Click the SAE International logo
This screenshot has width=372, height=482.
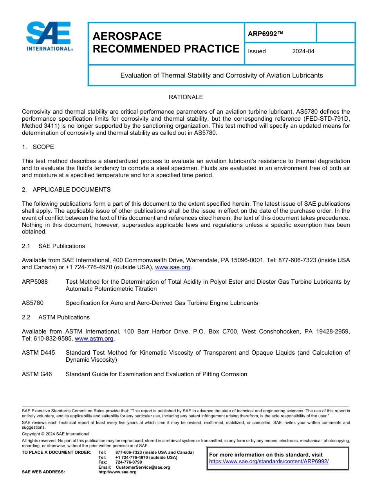(x=49, y=36)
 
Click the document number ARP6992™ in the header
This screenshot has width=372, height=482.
(x=265, y=34)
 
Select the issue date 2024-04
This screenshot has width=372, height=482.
(x=303, y=51)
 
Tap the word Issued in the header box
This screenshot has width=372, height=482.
(x=257, y=51)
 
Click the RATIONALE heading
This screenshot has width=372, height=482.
(x=186, y=97)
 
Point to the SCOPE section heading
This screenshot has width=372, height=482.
(x=43, y=147)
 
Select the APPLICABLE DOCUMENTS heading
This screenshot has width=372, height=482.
(x=71, y=190)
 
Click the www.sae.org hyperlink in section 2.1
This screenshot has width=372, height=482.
(x=173, y=268)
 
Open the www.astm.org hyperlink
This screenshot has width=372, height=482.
(x=94, y=339)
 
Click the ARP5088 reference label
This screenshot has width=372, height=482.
(x=35, y=282)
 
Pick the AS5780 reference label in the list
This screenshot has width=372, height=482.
(x=33, y=303)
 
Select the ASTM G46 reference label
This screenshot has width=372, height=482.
(x=37, y=374)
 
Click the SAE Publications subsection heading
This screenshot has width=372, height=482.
(x=61, y=246)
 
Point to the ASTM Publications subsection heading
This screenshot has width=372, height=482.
(x=64, y=317)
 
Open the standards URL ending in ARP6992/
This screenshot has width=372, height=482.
(x=269, y=462)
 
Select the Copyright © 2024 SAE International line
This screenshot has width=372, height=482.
(x=56, y=434)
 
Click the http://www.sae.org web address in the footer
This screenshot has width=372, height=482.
(x=117, y=472)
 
